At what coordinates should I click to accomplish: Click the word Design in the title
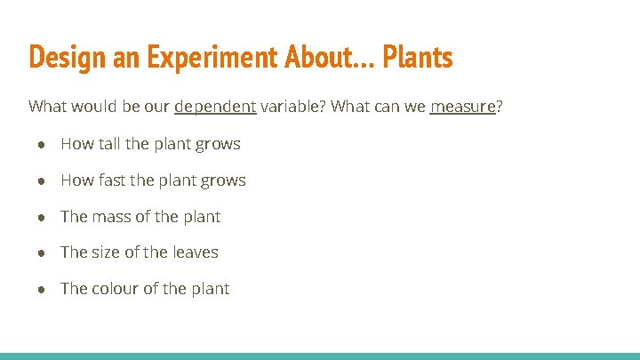[x=59, y=57]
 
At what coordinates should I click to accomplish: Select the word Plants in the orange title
[x=417, y=57]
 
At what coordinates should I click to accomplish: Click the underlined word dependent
[x=215, y=108]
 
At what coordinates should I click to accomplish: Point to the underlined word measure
[x=462, y=108]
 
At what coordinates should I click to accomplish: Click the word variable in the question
[x=292, y=108]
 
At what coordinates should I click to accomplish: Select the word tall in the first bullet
[x=109, y=144]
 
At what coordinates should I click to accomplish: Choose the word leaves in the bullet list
[x=195, y=252]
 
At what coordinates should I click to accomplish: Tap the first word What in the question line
[x=49, y=108]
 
